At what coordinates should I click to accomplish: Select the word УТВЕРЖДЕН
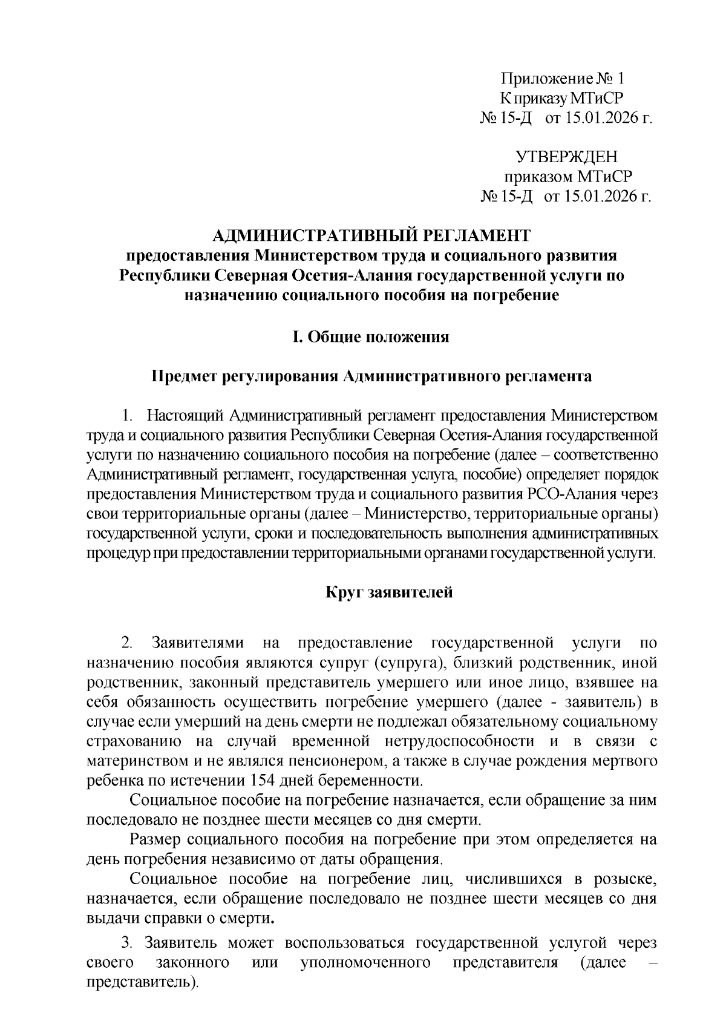[567, 157]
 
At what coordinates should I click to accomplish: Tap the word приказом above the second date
[540, 177]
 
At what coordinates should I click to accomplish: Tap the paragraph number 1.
[126, 416]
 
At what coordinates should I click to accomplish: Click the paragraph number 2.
[126, 643]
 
